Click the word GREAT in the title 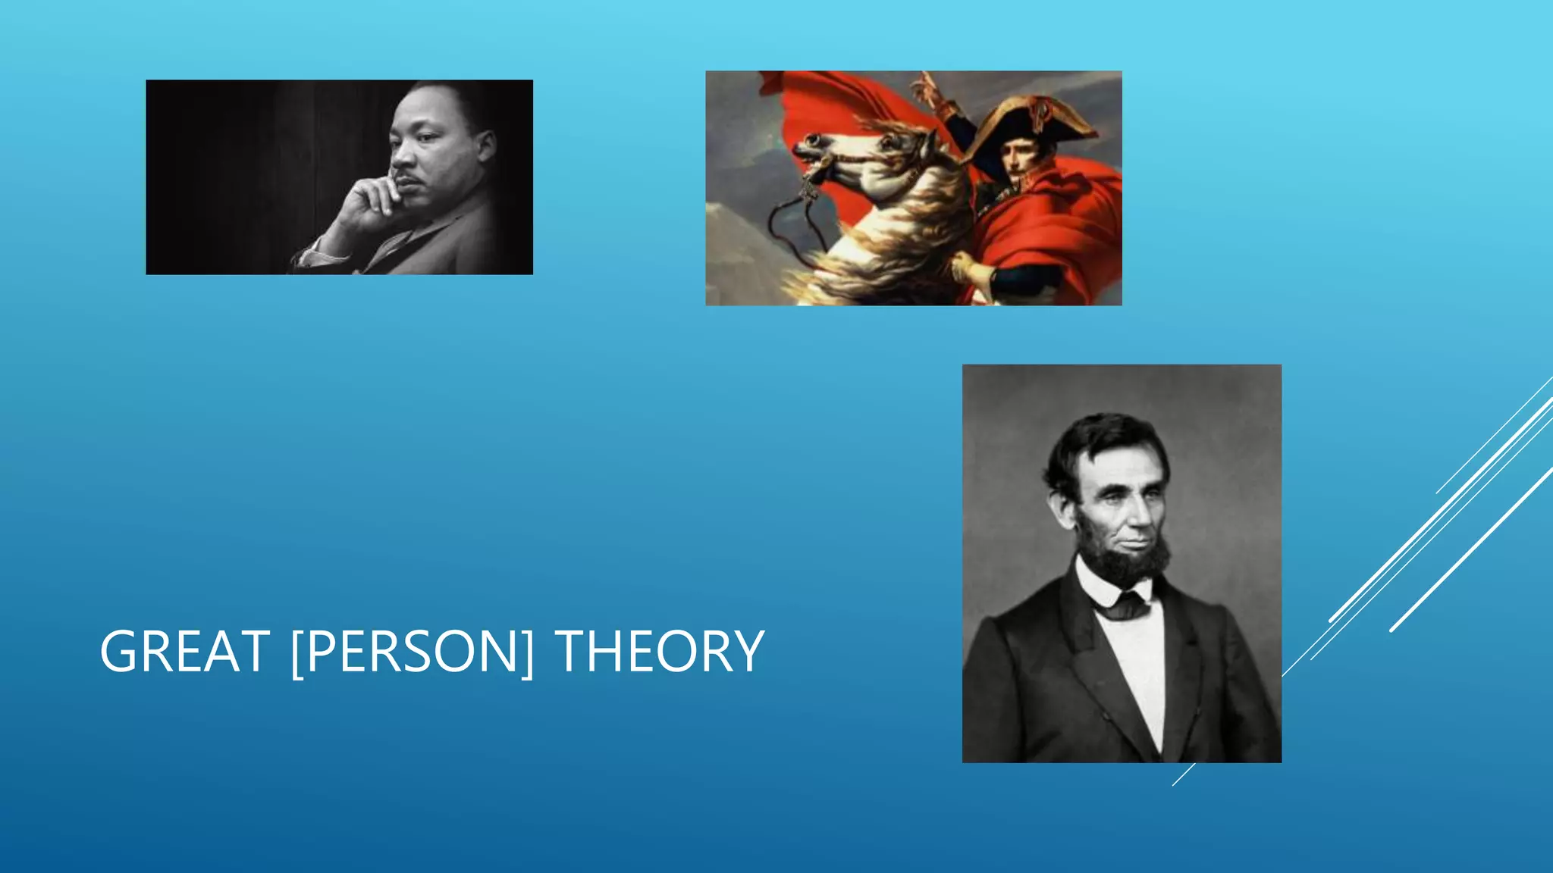point(184,652)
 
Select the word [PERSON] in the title point(412,652)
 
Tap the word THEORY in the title point(659,652)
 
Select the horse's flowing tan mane point(910,227)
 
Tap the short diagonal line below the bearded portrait point(1183,774)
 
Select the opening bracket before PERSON point(298,652)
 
